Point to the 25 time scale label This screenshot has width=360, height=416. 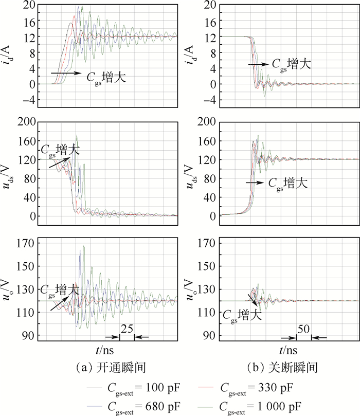coord(127,329)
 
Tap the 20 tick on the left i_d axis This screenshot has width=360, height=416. coord(28,6)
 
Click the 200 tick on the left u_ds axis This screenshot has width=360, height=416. coord(25,122)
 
